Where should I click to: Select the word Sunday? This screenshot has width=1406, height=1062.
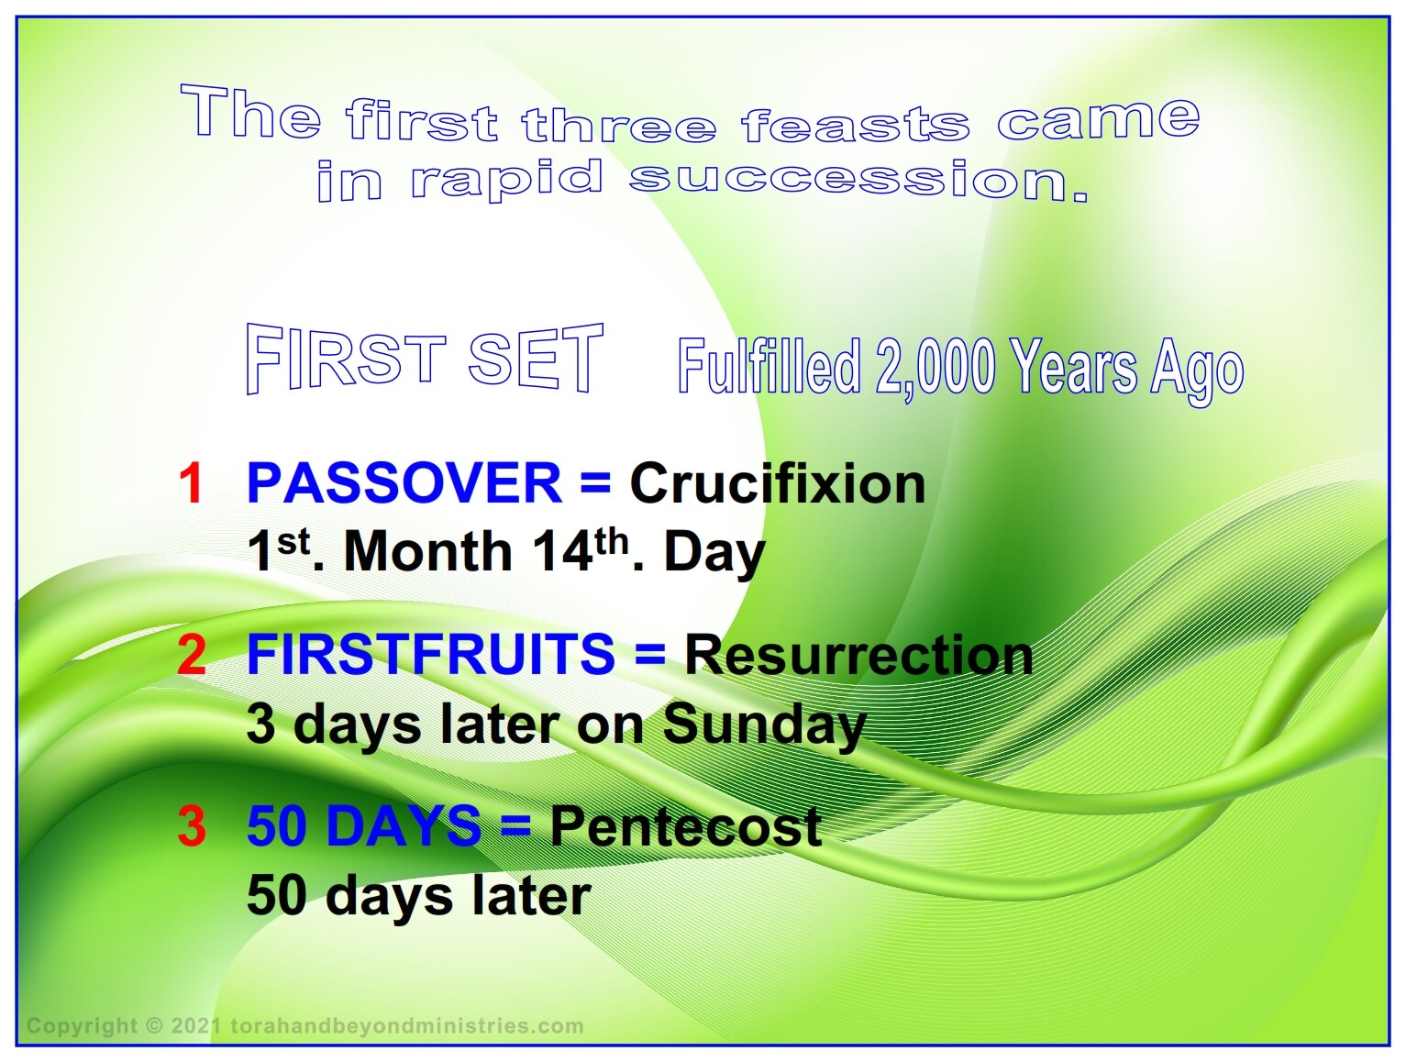click(x=765, y=726)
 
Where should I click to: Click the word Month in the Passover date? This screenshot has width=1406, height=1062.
click(x=428, y=551)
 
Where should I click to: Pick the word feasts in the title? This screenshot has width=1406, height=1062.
click(x=855, y=124)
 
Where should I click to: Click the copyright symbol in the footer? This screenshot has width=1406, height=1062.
click(x=154, y=1025)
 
